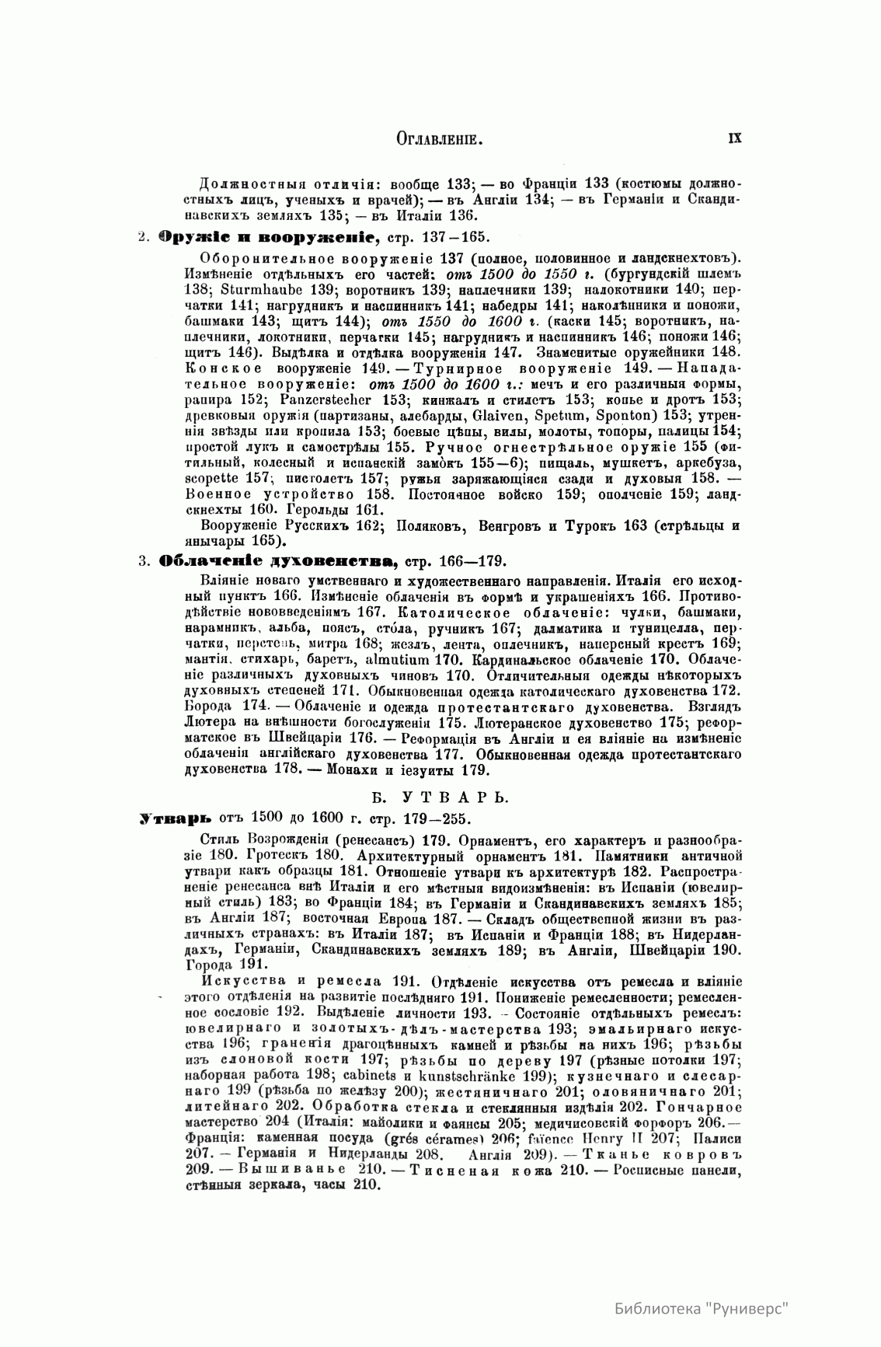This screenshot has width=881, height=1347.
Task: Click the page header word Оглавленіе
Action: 440,139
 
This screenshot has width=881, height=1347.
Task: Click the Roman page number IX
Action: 733,138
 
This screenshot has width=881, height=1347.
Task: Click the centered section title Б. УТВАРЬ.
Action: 440,797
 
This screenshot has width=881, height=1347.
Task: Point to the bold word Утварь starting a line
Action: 164,818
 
